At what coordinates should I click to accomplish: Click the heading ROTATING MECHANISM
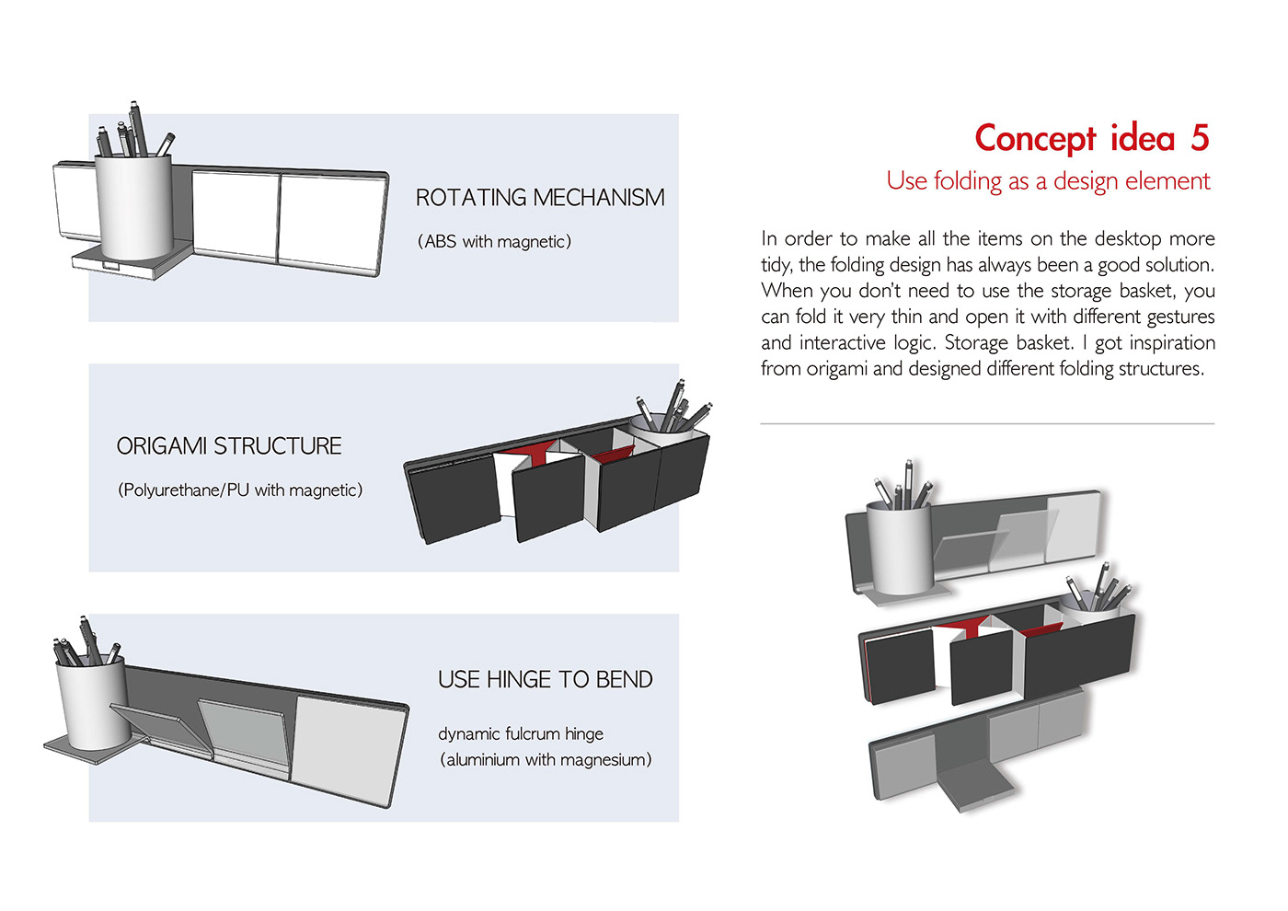540,198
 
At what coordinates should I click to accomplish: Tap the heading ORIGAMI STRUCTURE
229,446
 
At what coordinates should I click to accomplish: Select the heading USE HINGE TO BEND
546,680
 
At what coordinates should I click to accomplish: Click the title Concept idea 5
1091,139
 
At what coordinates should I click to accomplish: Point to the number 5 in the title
1199,139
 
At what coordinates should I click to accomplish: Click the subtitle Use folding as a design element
1048,181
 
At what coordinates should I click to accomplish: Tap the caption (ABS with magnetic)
495,242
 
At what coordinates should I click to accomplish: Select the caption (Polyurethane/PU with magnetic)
240,490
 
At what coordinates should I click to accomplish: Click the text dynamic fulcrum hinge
521,733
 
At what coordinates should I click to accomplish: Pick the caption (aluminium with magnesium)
546,759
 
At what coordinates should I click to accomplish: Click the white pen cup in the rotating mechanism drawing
134,207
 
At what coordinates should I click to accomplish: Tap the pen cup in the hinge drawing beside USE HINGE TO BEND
91,704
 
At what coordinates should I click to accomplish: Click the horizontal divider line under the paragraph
987,424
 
